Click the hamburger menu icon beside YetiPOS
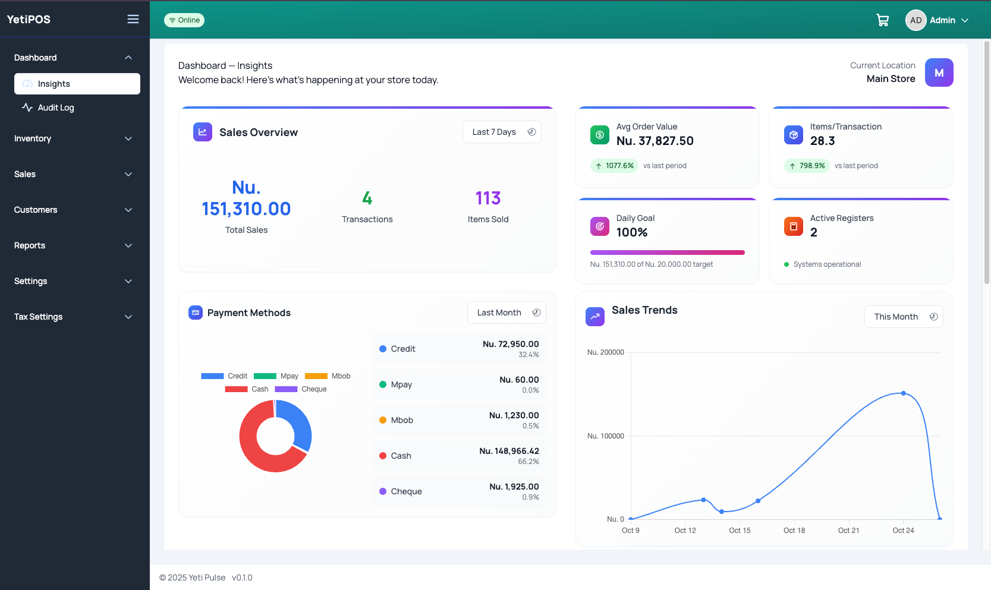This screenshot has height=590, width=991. coord(133,19)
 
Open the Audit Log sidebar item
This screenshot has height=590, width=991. coord(55,108)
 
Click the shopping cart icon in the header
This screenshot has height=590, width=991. coord(882,20)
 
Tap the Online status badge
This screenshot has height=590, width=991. coord(184,20)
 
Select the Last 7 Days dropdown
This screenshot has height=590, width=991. coord(502,132)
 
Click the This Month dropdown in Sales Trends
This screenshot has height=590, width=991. coord(904,317)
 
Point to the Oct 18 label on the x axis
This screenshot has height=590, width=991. coord(794,530)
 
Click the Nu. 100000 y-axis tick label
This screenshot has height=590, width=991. coord(605,436)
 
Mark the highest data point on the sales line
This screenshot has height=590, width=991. coord(904,393)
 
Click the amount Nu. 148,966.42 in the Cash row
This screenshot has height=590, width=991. coord(509,451)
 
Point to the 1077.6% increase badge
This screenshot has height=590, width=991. coord(615,166)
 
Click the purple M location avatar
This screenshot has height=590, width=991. coord(939,72)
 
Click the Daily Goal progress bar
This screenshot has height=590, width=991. coord(667,253)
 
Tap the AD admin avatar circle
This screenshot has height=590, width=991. coord(916,20)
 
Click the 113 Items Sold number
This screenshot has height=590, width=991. coord(488,198)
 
